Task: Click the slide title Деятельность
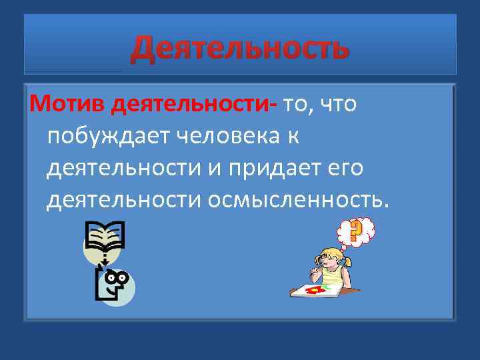click(239, 48)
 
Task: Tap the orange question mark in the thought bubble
click(355, 230)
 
